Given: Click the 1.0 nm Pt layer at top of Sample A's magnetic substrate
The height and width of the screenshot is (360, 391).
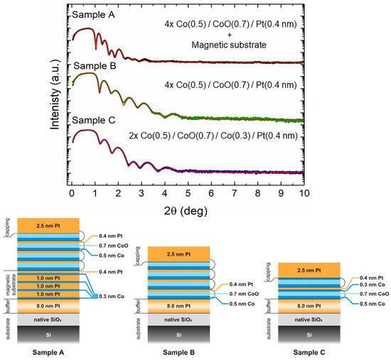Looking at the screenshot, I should pos(54,276).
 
